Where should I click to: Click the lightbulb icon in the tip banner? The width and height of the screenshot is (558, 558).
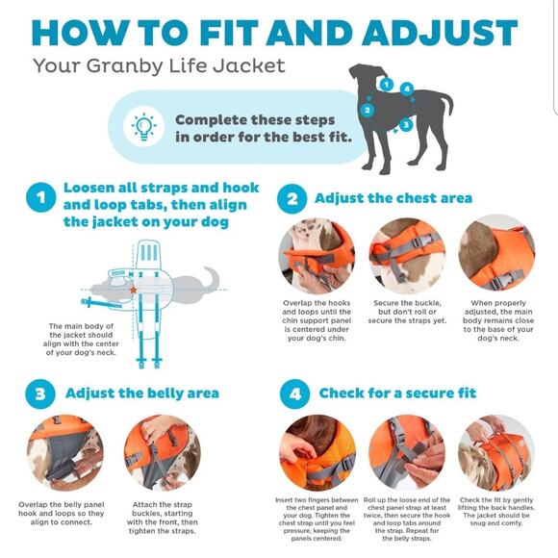coord(144,126)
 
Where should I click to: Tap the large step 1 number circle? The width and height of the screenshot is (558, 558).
coord(41,197)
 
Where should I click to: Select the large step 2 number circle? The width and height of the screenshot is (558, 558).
coord(292,198)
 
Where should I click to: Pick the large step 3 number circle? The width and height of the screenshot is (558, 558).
coord(40,393)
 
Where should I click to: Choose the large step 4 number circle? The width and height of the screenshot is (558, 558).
coord(294,393)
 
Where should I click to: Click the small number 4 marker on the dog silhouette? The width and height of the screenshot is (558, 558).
coord(407,89)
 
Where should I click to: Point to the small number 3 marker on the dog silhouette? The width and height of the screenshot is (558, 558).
coord(406,125)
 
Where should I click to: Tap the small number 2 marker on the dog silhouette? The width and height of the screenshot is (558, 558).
coord(368,110)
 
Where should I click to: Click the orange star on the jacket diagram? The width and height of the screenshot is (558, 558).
coord(134,290)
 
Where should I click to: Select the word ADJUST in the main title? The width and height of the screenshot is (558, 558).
coord(440,33)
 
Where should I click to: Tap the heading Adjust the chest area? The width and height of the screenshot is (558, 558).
coord(393,198)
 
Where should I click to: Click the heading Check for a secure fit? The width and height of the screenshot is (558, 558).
coord(397,393)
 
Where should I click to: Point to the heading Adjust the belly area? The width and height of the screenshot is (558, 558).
coord(142,393)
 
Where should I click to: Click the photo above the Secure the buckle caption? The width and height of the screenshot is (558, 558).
coord(407,256)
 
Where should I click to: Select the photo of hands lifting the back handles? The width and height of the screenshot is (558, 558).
coord(496,453)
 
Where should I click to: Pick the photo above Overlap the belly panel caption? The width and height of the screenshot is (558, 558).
coord(65,453)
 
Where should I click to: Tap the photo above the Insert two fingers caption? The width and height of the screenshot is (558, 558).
coord(317,453)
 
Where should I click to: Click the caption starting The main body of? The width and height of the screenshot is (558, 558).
coord(81,340)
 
